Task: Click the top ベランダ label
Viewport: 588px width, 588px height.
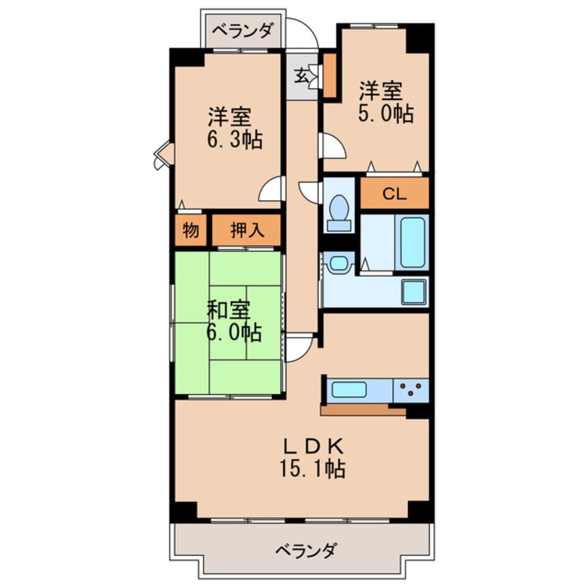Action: tap(243, 31)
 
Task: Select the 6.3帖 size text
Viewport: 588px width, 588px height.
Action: tap(233, 140)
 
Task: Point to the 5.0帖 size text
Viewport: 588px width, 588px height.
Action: tap(386, 113)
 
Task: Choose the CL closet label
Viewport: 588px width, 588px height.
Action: tap(393, 194)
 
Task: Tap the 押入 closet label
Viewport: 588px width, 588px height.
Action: tap(247, 231)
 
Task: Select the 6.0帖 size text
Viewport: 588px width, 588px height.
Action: tap(233, 333)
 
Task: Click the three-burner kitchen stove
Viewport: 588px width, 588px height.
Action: tap(411, 389)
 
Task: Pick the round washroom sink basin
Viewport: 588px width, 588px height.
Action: tap(338, 263)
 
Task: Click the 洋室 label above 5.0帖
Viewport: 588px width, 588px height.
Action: tap(379, 90)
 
